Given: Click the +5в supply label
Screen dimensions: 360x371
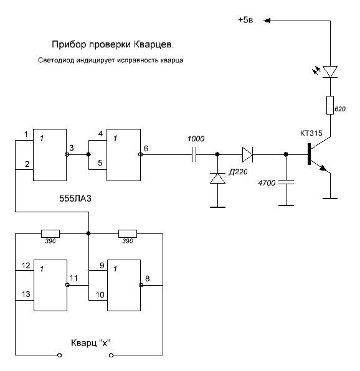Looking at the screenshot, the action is point(245,20).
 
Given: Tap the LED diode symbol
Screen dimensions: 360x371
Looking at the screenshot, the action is point(330,72).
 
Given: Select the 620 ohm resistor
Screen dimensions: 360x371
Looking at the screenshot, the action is point(330,105).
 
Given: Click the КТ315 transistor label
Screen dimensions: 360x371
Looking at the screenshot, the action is point(311,133).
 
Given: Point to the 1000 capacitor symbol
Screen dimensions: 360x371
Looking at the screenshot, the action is point(194,154).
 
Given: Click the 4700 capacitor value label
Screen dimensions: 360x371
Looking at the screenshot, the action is point(267,183).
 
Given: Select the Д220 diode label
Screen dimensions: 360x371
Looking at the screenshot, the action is point(238,172).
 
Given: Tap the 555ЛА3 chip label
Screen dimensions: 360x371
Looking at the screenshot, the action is point(75,199).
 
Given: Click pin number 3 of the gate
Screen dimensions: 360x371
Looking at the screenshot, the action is point(72,148).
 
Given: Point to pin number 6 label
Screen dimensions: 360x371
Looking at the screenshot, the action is point(146,148).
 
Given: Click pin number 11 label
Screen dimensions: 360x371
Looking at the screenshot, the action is point(73,278).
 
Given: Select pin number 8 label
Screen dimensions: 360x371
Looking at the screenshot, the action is point(147,278).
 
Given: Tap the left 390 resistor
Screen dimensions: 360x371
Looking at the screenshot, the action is point(50,233).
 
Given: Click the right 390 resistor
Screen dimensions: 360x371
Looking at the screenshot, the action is point(128,233).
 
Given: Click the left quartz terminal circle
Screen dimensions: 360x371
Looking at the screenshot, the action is point(59,355).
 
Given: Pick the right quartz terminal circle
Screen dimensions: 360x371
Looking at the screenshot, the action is point(111,355).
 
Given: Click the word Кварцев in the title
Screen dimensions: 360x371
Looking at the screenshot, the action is point(154,44).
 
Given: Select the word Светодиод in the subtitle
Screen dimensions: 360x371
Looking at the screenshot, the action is point(56,60).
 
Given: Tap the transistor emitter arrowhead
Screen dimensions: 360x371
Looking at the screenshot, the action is point(323,169).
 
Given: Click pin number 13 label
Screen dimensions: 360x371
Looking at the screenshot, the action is point(26,294).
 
